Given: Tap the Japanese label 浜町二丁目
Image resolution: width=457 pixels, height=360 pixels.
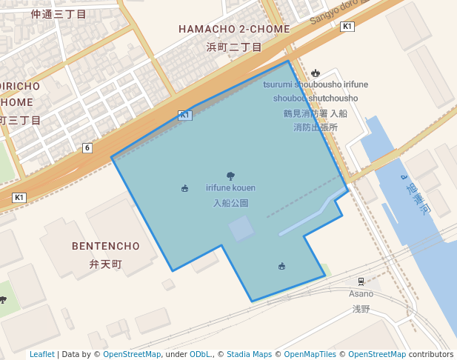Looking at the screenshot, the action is point(233,47).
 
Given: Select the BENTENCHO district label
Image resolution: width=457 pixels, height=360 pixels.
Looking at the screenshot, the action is point(106,246).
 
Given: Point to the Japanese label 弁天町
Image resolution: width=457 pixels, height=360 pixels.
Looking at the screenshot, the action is point(105,264).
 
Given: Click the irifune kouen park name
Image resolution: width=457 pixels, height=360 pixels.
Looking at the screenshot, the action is point(230,188).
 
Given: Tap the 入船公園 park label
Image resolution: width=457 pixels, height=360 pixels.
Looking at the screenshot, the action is point(230,203).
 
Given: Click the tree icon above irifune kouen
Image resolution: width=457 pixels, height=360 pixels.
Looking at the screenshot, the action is point(230,176).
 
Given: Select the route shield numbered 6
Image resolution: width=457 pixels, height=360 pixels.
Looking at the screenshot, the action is point(87,148).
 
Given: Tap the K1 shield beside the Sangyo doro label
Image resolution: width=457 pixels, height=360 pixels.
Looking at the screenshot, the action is point(347,27).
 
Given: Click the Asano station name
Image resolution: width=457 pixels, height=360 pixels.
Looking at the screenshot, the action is point(361,294).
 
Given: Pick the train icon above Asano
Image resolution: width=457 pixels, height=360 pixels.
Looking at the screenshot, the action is point(361,281).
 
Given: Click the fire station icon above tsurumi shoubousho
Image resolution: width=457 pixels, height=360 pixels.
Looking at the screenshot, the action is point(316,73).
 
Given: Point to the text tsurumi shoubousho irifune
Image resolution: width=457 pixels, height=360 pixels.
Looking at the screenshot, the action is point(316,84).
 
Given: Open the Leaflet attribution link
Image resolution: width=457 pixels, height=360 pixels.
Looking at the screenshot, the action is point(42,354).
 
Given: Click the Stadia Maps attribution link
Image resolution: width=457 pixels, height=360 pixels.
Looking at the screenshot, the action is point(249,354).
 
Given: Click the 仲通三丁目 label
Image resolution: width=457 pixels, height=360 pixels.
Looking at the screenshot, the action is point(59,14).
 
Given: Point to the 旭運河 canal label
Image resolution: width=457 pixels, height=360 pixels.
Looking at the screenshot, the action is point(417,195).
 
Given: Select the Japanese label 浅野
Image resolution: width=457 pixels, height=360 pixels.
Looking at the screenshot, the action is point(361,308).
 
